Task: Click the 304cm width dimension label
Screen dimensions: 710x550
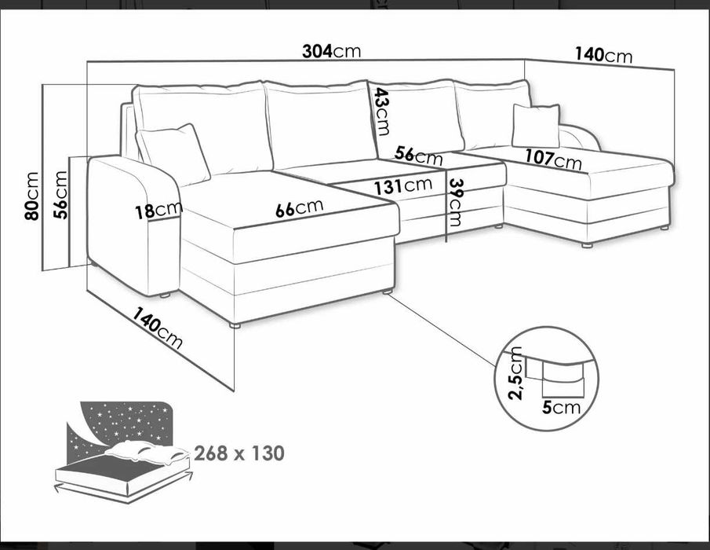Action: point(331,51)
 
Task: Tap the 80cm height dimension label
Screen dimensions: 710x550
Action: point(31,196)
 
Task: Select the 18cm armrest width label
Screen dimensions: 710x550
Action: point(158,210)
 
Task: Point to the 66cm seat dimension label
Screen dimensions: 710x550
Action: point(300,208)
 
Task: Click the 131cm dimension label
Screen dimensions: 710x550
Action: point(402,185)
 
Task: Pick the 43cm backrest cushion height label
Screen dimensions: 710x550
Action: point(380,112)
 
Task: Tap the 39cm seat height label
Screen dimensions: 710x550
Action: point(454,202)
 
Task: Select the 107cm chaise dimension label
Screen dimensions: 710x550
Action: point(553,159)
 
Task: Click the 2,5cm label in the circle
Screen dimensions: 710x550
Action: point(515,373)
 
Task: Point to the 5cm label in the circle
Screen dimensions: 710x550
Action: point(561,408)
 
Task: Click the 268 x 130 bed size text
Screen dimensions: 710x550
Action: point(239,453)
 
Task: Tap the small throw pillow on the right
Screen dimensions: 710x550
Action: point(536,126)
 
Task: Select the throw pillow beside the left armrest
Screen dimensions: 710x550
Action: point(173,154)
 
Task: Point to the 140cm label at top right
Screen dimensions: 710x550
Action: point(603,55)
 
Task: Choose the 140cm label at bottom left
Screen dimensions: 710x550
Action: point(157,328)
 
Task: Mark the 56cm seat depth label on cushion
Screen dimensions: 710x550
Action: point(418,155)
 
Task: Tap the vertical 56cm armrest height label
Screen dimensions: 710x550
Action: point(60,195)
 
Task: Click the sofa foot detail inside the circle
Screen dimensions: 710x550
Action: point(563,378)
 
